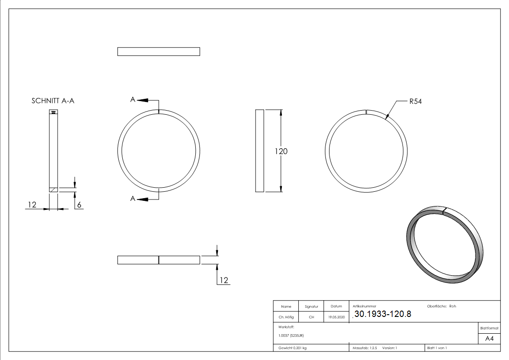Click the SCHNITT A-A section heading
53,101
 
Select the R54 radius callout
415,102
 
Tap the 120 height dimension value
281,151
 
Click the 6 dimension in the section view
79,205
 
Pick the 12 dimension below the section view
32,205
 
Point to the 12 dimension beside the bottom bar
224,280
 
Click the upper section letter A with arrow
133,100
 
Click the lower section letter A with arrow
133,199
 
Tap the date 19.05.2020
336,317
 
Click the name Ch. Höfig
286,317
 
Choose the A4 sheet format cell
490,339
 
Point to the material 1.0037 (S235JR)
291,335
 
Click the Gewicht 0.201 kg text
292,348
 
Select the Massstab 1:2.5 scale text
365,348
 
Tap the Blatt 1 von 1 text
437,348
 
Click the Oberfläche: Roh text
441,306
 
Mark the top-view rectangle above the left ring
159,51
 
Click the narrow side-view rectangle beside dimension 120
260,151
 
